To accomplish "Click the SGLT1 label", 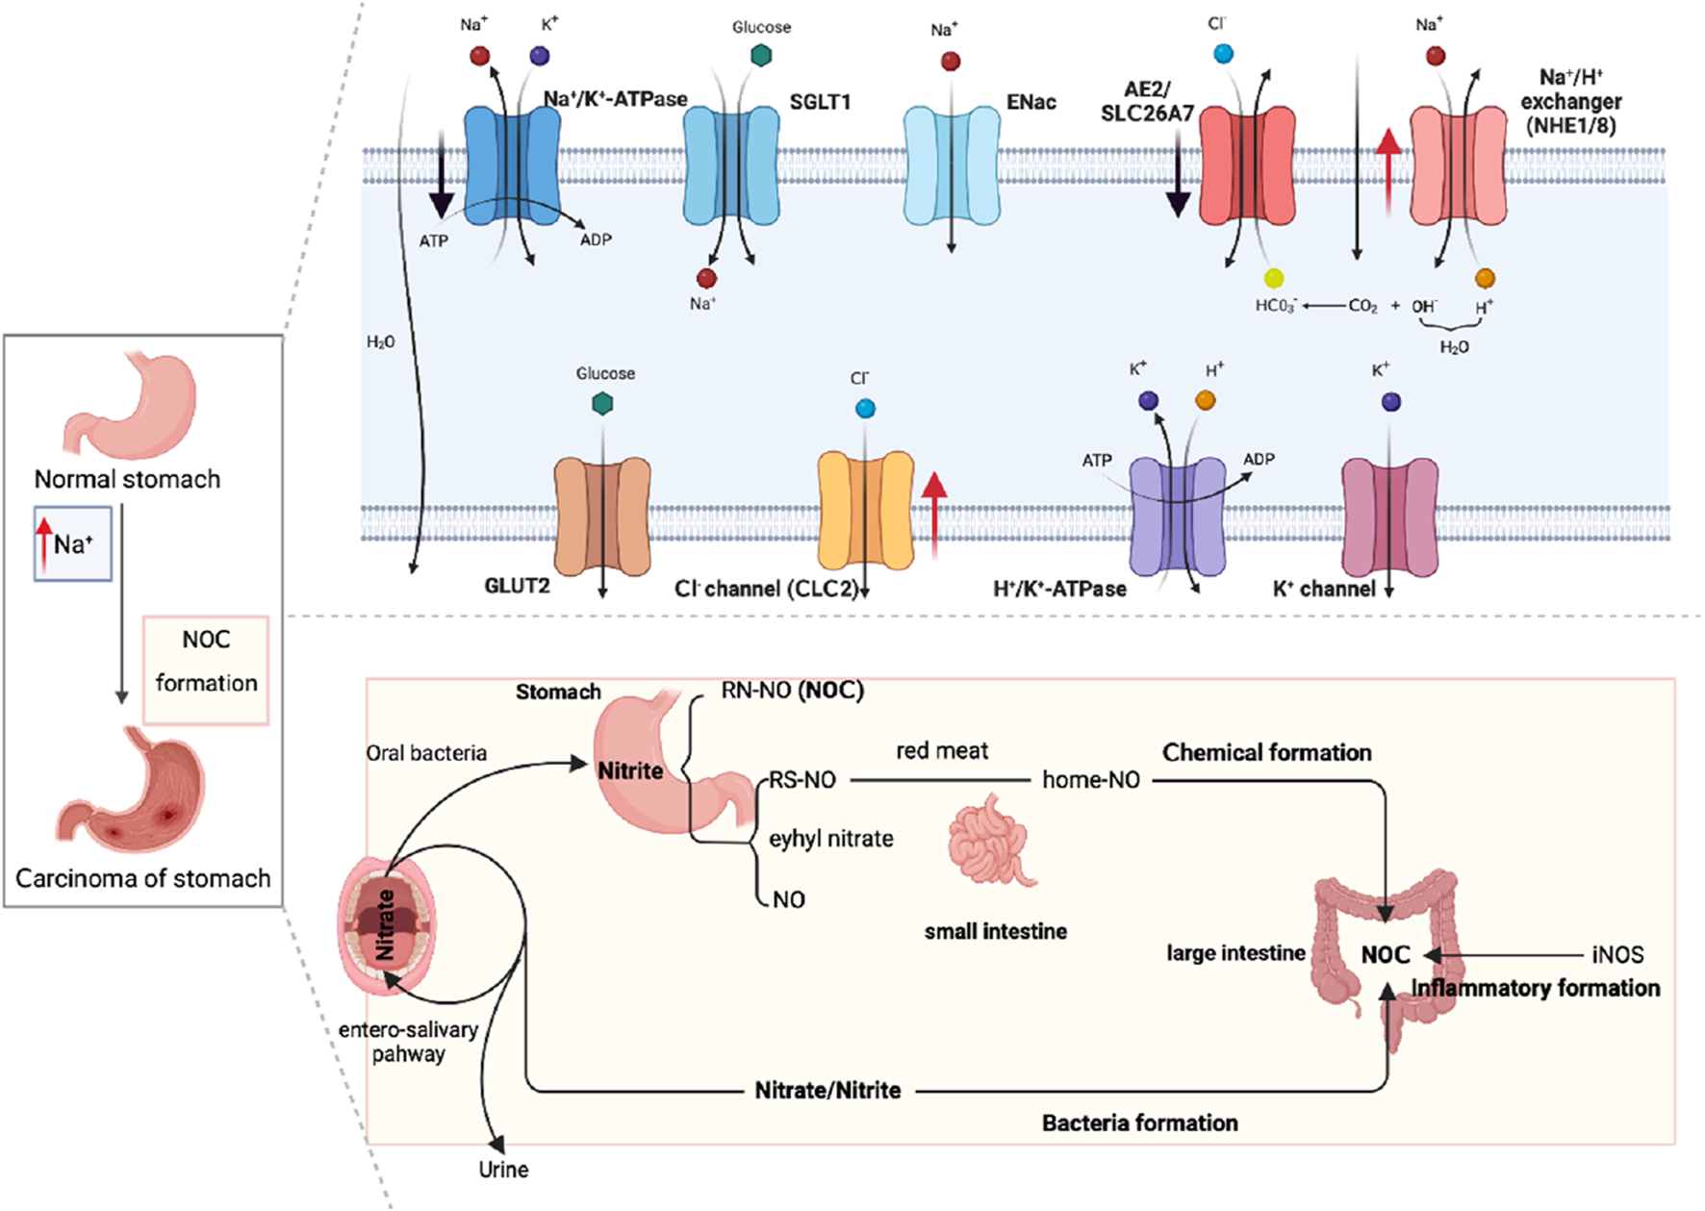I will (x=820, y=102).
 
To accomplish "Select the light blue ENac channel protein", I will (x=952, y=164).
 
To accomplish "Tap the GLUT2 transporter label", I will (x=517, y=586).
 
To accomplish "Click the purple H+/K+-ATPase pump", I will (x=1177, y=516).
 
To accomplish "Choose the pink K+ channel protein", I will (x=1389, y=516).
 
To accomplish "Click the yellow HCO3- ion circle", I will (x=1274, y=279).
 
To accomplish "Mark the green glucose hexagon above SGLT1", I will (x=761, y=56).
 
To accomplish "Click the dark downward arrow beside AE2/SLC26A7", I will (x=1179, y=173).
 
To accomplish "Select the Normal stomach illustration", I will (x=130, y=403).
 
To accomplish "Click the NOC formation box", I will (x=206, y=669).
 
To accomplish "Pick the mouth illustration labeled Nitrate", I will (x=386, y=924).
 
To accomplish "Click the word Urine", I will (x=503, y=1170).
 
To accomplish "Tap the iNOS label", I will (x=1617, y=955).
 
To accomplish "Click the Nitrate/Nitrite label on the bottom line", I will (x=827, y=1091).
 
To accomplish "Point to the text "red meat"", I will (x=942, y=751).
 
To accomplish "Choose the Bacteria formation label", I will (x=1139, y=1123).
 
